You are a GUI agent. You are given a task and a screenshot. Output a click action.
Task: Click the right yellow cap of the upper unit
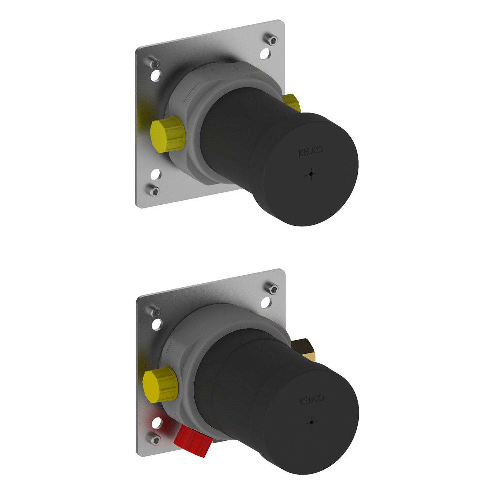click(291, 103)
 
